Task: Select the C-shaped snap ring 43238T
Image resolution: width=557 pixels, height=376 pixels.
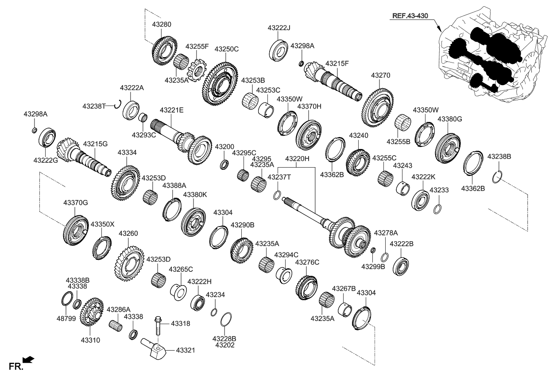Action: point(118,104)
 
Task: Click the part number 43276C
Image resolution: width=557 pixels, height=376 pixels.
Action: point(307,262)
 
